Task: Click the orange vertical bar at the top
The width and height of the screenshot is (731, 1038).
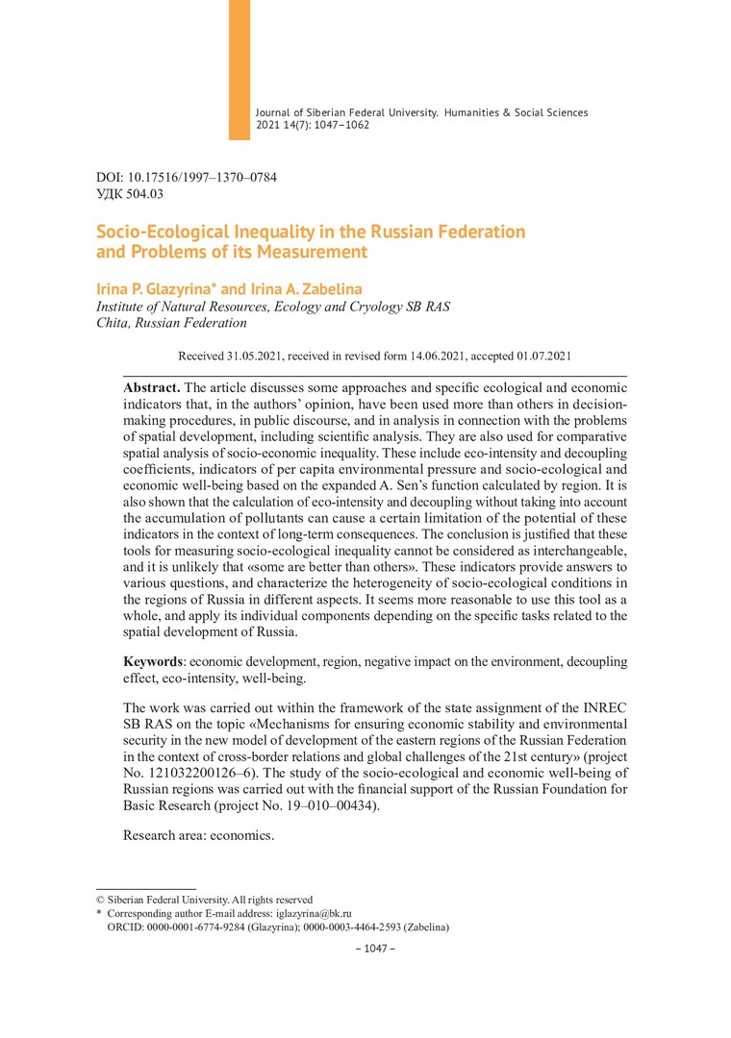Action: pyautogui.click(x=239, y=69)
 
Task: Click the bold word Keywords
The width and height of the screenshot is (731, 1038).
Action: pyautogui.click(x=155, y=662)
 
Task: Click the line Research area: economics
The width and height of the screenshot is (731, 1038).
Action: pyautogui.click(x=198, y=835)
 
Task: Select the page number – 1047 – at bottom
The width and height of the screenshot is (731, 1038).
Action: pyautogui.click(x=376, y=949)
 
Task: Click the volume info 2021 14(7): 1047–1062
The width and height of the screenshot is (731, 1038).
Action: pyautogui.click(x=313, y=125)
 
